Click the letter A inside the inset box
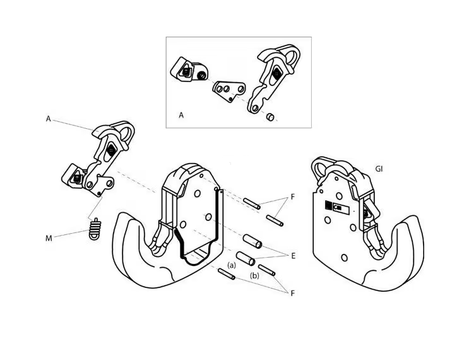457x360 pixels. [181, 116]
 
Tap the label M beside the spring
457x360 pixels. [48, 239]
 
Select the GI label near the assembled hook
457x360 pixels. [379, 170]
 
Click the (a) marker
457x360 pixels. [232, 265]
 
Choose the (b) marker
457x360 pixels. [255, 276]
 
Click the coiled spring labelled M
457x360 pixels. [94, 229]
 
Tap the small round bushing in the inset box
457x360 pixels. [270, 116]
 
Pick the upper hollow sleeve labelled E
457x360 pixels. [253, 243]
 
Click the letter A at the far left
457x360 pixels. [49, 119]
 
